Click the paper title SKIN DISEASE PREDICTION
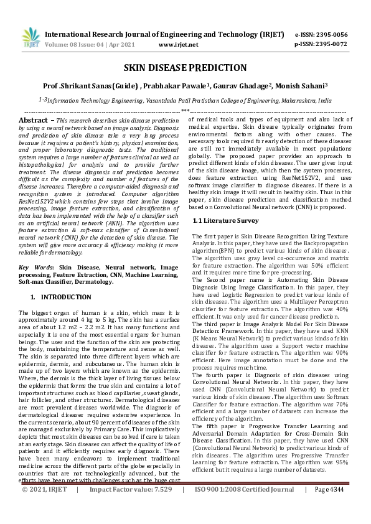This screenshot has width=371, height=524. coord(185,67)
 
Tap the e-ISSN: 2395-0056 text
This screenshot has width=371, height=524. coord(329,34)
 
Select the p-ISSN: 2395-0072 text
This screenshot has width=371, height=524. coord(329,44)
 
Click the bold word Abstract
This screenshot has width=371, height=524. coord(33,119)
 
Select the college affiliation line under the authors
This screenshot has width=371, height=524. coord(184,100)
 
